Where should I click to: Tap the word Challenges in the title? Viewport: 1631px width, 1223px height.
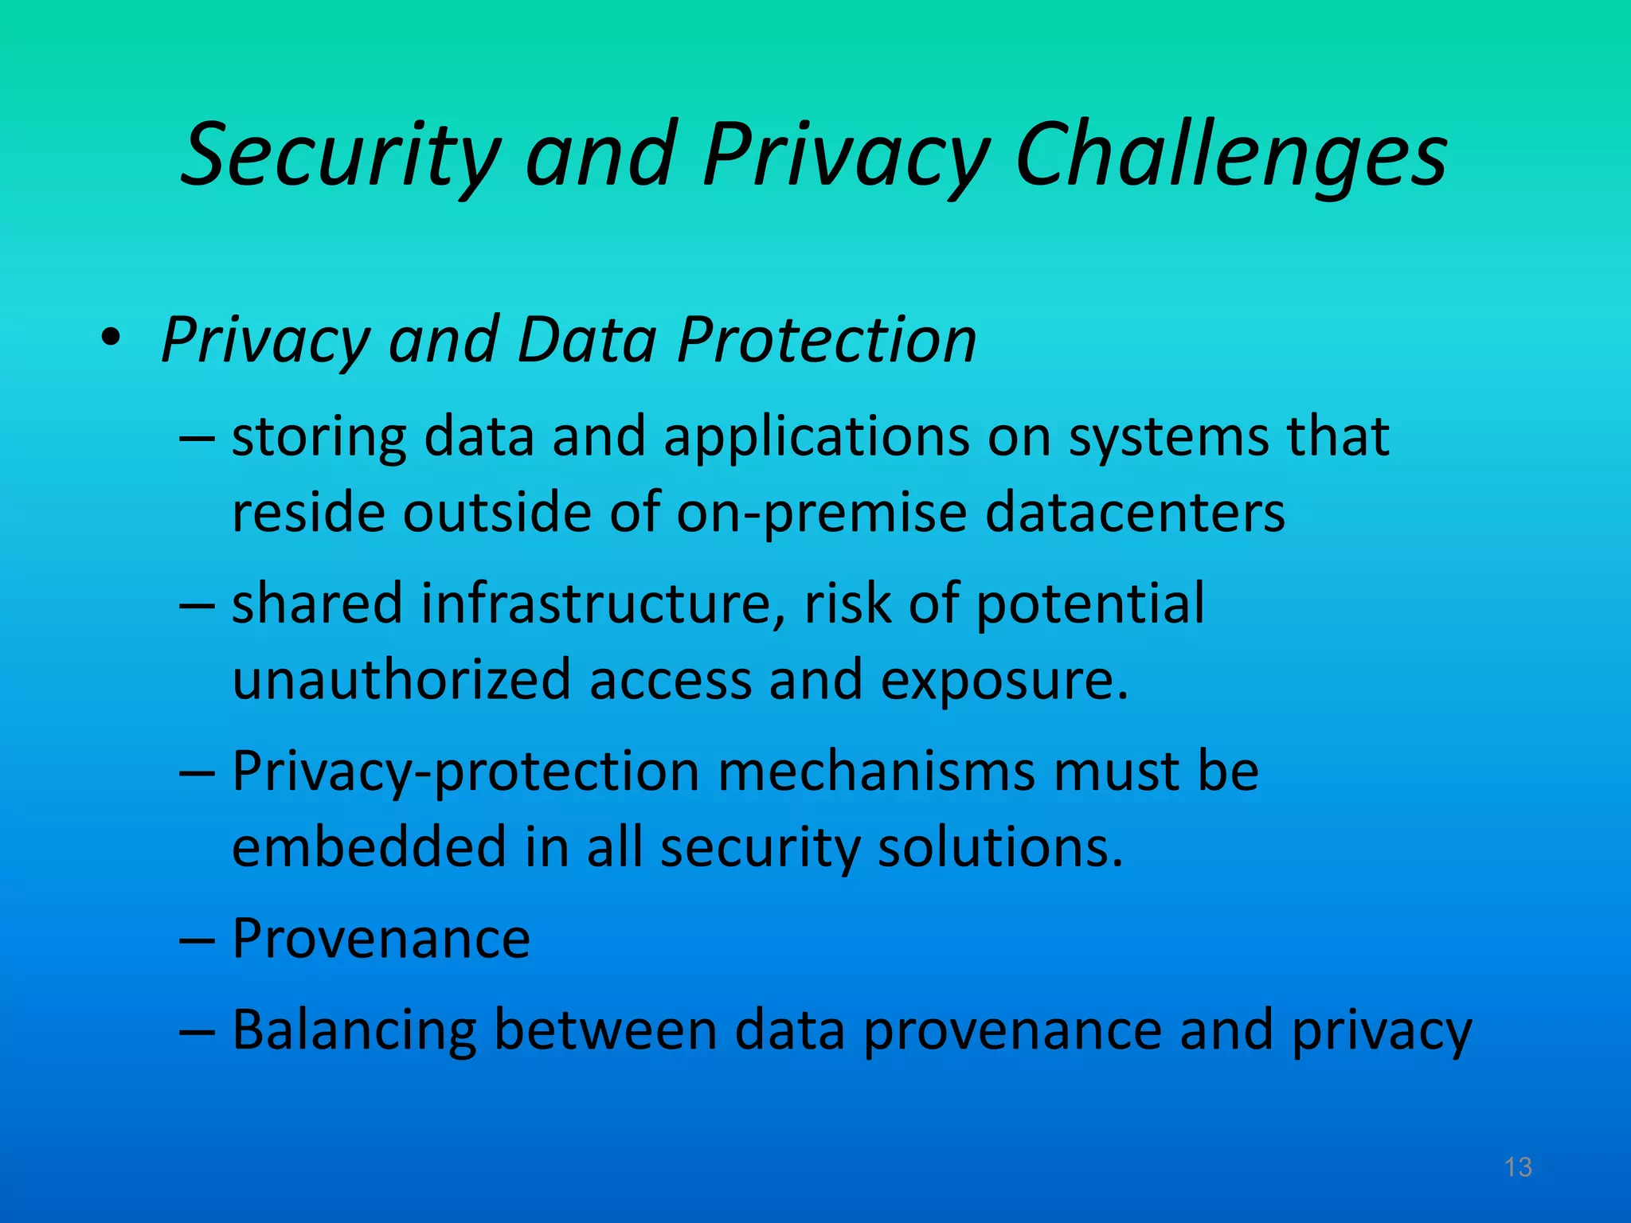coord(1231,155)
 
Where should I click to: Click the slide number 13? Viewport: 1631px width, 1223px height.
coord(1518,1167)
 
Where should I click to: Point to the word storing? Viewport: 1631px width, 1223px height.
coord(319,437)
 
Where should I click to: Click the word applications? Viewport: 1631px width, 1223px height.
coord(816,437)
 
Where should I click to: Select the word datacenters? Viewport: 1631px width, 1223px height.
coord(1135,511)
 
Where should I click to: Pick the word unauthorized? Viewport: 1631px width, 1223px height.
coord(401,679)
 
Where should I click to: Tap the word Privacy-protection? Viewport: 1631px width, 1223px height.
coord(465,772)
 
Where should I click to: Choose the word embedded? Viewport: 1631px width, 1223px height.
coord(369,846)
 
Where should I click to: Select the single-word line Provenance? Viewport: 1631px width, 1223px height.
coord(381,939)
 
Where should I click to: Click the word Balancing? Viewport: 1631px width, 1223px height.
coord(354,1031)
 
